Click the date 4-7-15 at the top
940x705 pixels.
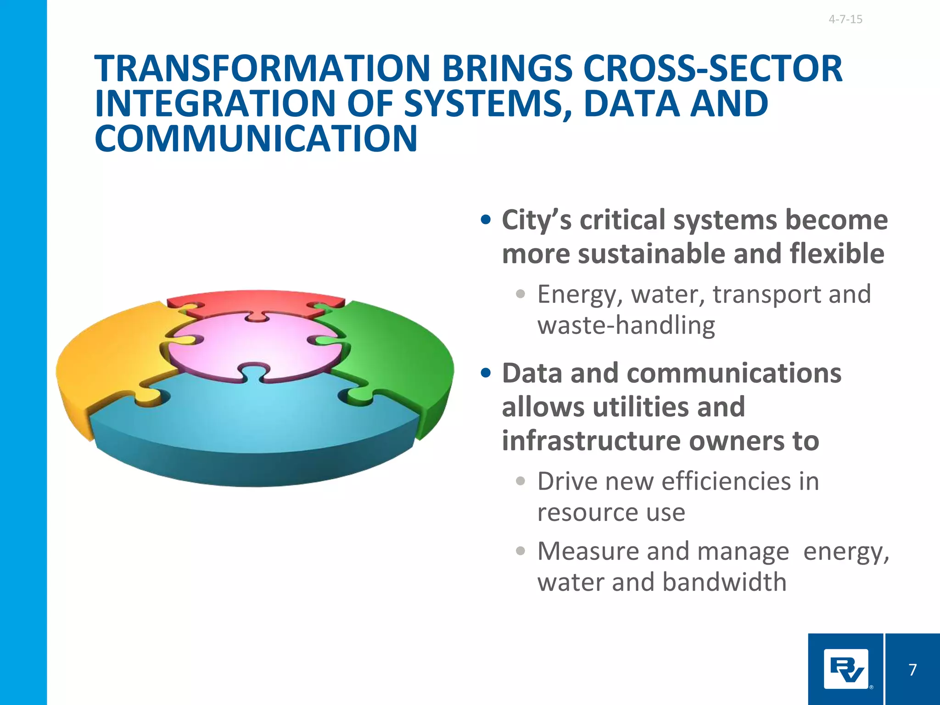tap(845, 19)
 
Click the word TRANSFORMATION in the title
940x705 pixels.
tap(262, 69)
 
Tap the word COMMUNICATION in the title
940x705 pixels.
tap(256, 139)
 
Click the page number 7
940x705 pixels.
tap(912, 670)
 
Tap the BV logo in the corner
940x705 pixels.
tap(846, 669)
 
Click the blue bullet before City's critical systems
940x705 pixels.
tap(486, 220)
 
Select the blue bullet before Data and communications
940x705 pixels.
tap(486, 373)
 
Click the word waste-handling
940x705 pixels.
tap(626, 325)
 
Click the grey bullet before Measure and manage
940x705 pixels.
tap(520, 551)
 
